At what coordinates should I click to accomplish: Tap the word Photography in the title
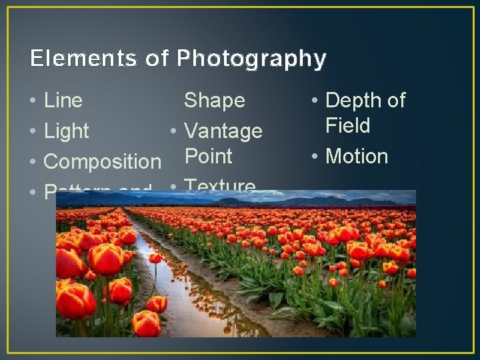click(x=251, y=59)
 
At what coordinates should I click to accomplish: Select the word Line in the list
click(x=63, y=101)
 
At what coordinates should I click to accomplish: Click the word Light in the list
click(x=66, y=131)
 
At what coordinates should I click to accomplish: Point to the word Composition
click(x=102, y=161)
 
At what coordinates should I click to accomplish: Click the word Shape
click(x=214, y=101)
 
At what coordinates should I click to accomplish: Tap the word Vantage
click(x=223, y=131)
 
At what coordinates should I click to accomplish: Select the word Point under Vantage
click(x=208, y=157)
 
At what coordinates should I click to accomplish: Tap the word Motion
click(x=357, y=157)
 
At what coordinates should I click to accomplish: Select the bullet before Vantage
click(x=173, y=131)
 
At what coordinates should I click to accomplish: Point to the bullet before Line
click(x=33, y=101)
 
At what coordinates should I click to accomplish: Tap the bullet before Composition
click(x=33, y=162)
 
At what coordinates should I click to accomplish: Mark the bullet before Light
click(x=33, y=132)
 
